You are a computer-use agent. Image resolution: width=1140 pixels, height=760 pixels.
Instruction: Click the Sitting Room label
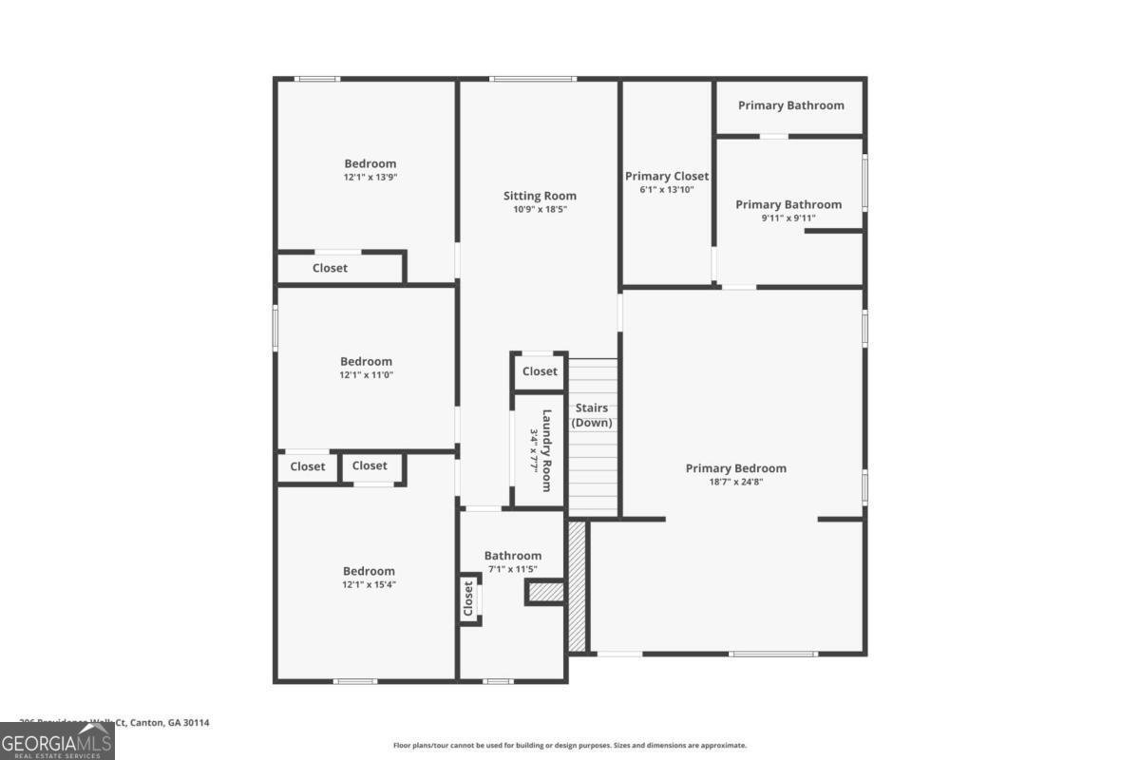point(540,197)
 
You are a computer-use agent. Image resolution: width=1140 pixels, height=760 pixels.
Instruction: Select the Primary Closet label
point(667,177)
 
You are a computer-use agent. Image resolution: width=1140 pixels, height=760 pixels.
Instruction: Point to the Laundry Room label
point(546,450)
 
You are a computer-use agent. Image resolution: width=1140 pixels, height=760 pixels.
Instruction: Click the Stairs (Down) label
point(592,416)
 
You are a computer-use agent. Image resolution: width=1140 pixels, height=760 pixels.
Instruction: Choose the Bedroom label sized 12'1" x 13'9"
point(370,164)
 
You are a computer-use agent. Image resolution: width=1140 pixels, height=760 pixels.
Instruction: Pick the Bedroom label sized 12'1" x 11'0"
point(366,362)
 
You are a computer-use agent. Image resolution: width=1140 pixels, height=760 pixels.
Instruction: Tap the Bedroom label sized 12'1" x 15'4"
point(369,571)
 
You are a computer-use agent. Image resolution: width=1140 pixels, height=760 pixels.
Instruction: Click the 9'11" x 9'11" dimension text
point(788,218)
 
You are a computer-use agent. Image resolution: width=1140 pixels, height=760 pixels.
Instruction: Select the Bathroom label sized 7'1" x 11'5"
point(513,556)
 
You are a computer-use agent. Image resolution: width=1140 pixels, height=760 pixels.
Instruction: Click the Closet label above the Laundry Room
point(540,371)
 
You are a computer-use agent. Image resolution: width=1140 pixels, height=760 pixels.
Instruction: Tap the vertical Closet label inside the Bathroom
point(468,598)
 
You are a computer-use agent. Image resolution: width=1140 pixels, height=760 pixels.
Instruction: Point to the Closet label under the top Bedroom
point(330,268)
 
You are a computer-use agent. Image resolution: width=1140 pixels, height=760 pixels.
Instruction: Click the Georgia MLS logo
point(57,740)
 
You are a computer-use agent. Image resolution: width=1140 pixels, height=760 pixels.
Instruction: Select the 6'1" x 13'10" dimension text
point(667,190)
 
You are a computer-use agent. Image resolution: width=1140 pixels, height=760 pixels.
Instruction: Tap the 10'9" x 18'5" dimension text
point(540,209)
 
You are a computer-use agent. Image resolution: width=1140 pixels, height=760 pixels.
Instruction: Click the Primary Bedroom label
point(736,468)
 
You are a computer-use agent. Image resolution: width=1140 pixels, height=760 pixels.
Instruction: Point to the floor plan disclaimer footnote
point(570,746)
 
